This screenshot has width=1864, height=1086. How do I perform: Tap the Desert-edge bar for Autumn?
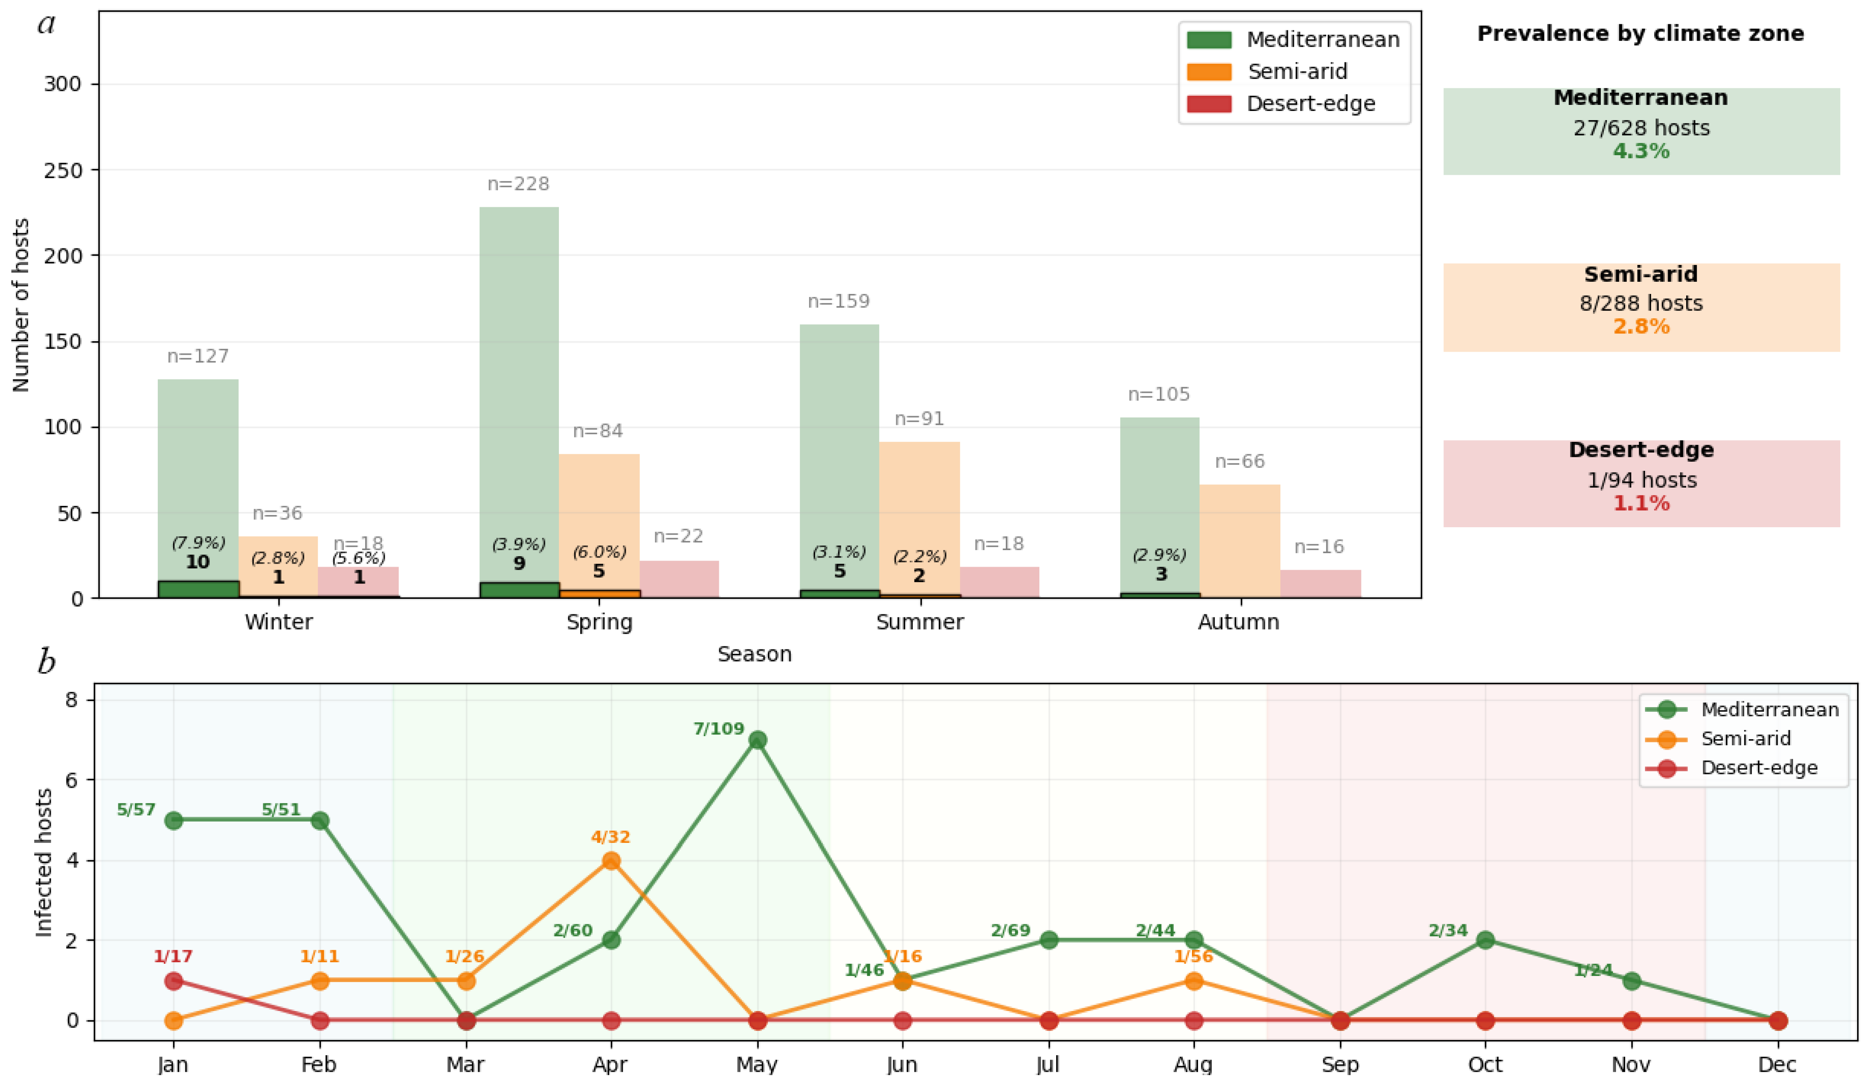point(1320,584)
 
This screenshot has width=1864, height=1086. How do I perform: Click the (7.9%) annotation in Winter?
point(198,543)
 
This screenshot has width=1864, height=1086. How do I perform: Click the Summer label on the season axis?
point(919,622)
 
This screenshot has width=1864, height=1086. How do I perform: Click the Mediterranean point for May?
point(757,740)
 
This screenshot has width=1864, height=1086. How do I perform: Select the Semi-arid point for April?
point(611,861)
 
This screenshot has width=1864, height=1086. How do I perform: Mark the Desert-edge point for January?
point(174,981)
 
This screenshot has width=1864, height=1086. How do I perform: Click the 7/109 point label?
point(718,729)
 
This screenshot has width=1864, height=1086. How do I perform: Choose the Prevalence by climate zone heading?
point(1641,33)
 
